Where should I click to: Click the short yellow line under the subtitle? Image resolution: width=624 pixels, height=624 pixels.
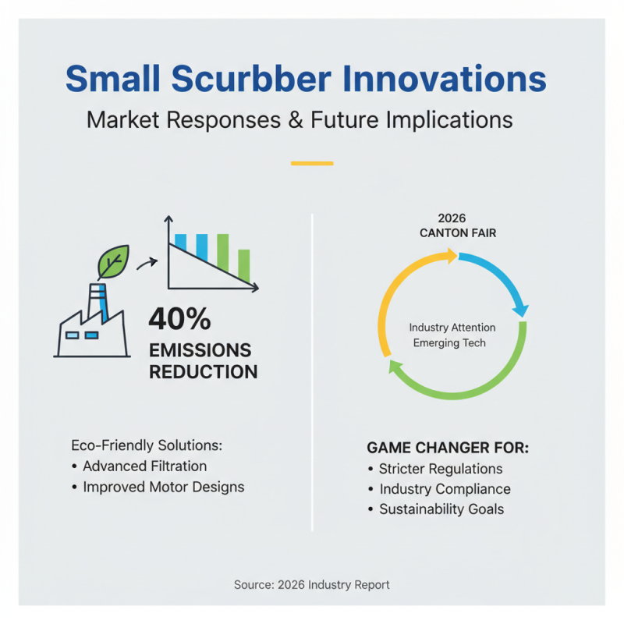point(312,164)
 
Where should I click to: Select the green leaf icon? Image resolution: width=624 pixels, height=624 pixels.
point(112,262)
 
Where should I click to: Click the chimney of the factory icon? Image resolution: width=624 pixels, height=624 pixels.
point(97,301)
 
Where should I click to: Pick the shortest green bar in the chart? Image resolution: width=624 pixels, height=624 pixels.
point(243,265)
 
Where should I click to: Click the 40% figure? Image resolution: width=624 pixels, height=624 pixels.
point(179,319)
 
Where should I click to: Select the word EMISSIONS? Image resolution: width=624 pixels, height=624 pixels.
point(200,349)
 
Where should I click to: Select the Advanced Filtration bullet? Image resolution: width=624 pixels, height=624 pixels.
point(144,466)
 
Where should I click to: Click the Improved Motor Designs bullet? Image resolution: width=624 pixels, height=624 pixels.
point(163,487)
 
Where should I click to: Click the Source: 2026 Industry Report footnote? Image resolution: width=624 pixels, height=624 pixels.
point(312,584)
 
